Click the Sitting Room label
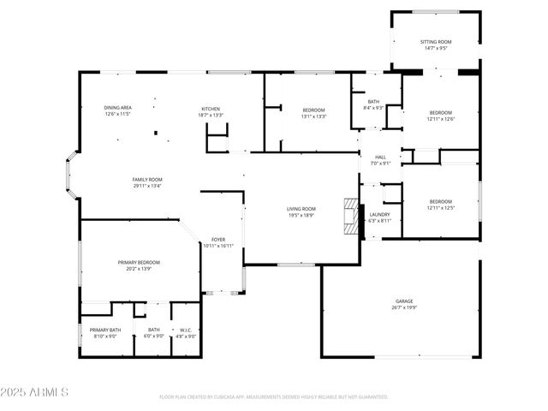[x=436, y=45]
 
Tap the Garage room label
[x=404, y=304]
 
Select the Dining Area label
[x=117, y=110]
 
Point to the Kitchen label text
[x=211, y=111]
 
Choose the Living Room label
[x=301, y=211]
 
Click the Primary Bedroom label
[x=139, y=265]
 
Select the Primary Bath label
[x=105, y=333]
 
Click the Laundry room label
[x=379, y=217]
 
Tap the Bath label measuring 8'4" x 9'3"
[x=373, y=104]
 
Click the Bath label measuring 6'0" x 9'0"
[x=154, y=333]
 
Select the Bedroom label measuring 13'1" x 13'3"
[x=313, y=114]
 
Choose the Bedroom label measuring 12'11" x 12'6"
[x=440, y=116]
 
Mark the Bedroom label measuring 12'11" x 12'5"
[x=440, y=205]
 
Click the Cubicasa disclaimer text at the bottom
[x=274, y=397]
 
